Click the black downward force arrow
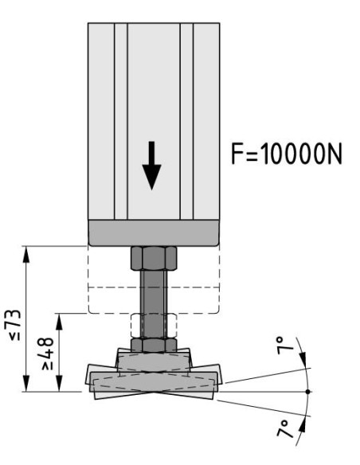[x=151, y=166]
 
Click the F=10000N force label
[x=287, y=154]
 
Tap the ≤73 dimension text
[x=15, y=325]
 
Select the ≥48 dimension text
[x=48, y=354]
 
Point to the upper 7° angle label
[x=284, y=346]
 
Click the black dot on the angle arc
[x=307, y=392]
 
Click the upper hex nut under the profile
[x=154, y=258]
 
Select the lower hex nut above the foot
[x=154, y=345]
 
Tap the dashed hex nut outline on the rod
[x=154, y=326]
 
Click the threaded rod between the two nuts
[x=154, y=303]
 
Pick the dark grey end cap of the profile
[x=154, y=232]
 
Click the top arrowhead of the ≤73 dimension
[x=26, y=254]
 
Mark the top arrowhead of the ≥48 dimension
[x=59, y=321]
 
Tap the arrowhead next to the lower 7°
[x=302, y=424]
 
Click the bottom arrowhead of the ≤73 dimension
[x=26, y=384]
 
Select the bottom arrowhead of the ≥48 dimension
[x=59, y=384]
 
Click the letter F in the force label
[x=237, y=154]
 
